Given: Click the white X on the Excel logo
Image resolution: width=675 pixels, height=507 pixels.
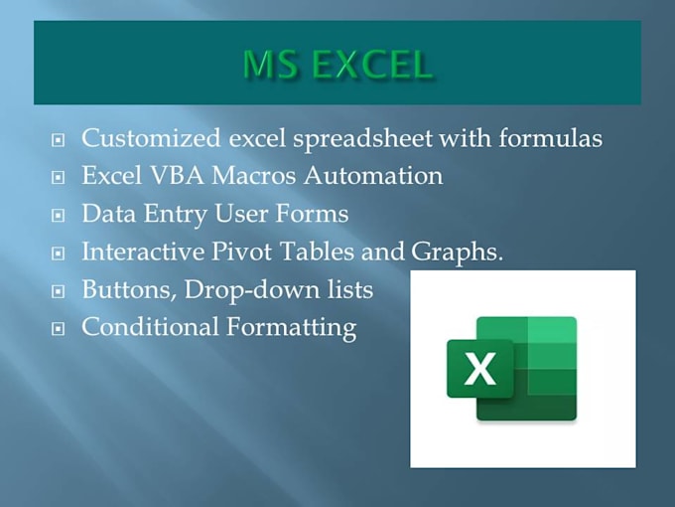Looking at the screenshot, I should tap(479, 368).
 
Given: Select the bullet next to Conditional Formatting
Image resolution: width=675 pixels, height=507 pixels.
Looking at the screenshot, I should tap(59, 329).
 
